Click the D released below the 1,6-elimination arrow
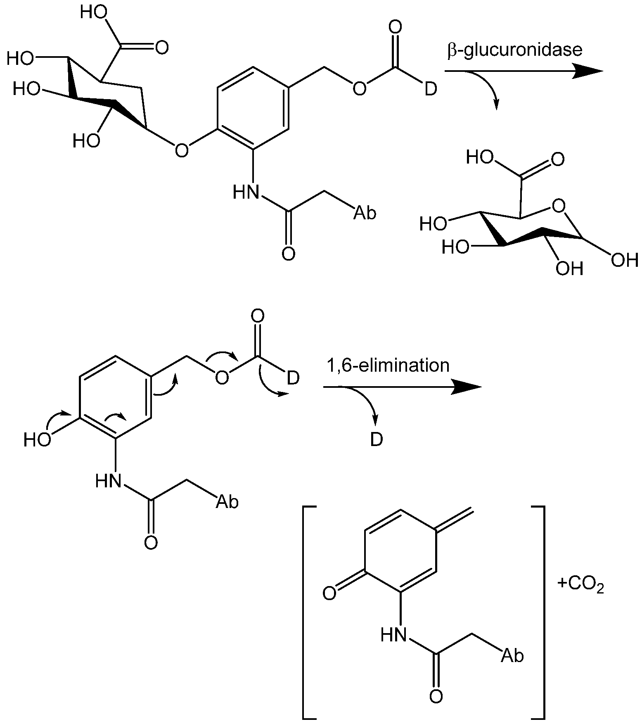point(377,440)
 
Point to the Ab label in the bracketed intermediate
point(512,655)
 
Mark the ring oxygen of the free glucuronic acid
point(559,206)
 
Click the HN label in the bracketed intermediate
point(393,635)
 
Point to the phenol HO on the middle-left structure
point(37,440)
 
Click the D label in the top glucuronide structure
point(431,89)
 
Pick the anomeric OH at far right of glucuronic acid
point(625,261)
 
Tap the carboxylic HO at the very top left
point(94,13)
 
